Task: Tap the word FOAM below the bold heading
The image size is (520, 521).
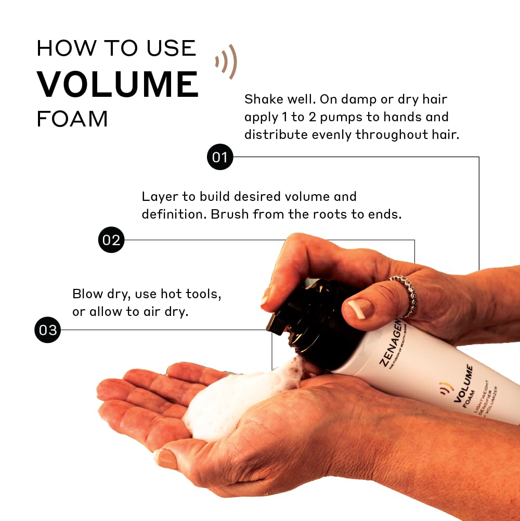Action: [x=72, y=119]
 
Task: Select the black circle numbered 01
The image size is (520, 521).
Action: [x=220, y=157]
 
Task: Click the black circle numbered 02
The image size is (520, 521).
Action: [x=111, y=240]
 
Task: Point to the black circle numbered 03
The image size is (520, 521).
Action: [x=48, y=330]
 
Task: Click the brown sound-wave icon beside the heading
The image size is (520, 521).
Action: [x=227, y=62]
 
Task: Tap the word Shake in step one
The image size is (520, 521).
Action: [x=263, y=99]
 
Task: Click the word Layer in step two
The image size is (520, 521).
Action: [x=157, y=197]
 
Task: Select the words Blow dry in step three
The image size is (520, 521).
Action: [x=101, y=294]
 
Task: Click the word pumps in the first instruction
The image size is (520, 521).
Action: [x=340, y=117]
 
